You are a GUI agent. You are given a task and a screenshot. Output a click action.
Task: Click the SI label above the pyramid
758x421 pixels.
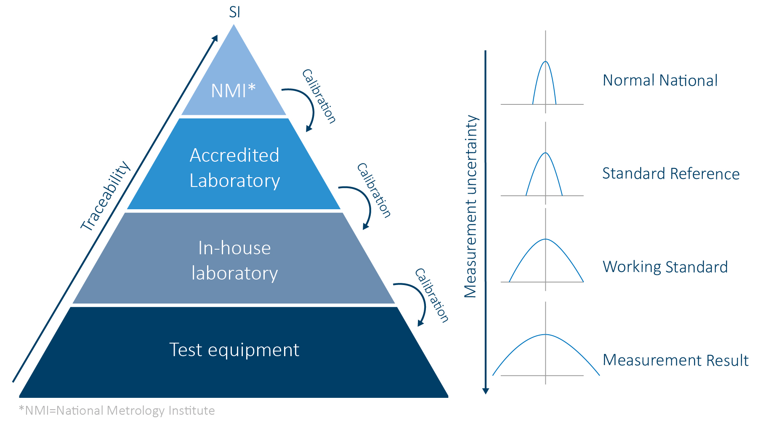[x=234, y=12]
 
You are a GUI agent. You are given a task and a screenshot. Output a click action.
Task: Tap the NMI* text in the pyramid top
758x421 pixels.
[x=233, y=91]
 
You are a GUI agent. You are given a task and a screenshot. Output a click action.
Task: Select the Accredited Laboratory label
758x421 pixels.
[x=234, y=168]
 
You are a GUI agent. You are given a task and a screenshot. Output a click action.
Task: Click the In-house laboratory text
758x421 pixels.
[x=234, y=260]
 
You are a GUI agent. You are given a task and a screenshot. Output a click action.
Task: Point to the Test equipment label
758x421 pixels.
[x=234, y=350]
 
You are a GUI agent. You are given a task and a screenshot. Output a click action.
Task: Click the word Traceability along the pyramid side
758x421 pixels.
[x=106, y=196]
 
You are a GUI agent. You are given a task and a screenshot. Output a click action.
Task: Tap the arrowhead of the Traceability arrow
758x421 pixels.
[x=215, y=38]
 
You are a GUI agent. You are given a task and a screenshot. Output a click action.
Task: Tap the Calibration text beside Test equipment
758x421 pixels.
[x=432, y=295]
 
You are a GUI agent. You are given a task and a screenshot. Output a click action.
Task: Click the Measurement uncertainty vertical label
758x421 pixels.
[x=471, y=206]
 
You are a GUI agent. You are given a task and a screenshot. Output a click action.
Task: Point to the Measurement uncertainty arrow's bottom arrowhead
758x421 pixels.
[x=485, y=391]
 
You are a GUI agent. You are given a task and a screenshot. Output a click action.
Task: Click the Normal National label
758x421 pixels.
[x=660, y=80]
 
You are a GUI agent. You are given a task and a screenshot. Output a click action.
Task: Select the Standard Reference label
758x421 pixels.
[x=671, y=173]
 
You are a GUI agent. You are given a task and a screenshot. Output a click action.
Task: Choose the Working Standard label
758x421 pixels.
[x=665, y=267]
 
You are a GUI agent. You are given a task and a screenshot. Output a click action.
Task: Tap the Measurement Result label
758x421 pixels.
[x=676, y=360]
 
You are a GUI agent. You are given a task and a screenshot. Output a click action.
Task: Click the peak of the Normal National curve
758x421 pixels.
[x=545, y=62]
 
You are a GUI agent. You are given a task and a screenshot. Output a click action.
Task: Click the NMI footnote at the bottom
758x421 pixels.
[x=117, y=410]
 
